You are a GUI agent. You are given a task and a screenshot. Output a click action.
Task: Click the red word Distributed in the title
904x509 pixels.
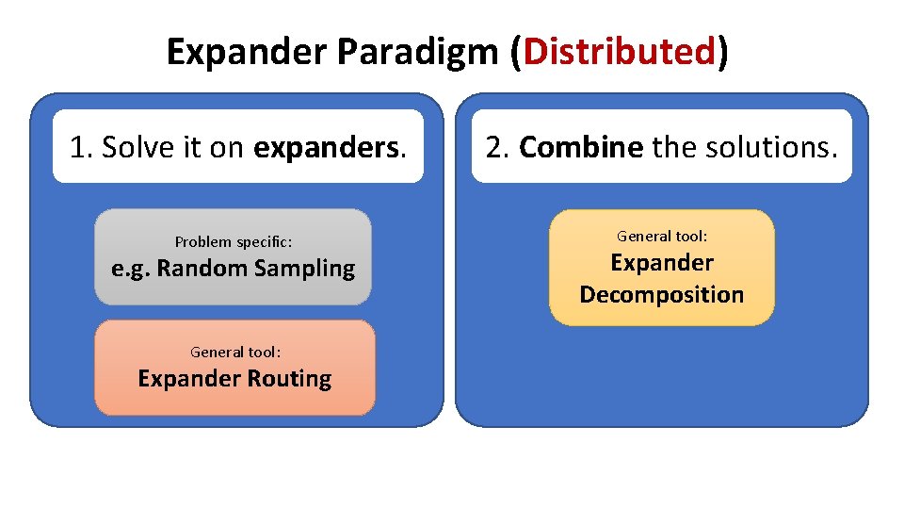[621, 53]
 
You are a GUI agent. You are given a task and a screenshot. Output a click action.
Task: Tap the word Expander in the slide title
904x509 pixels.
[246, 53]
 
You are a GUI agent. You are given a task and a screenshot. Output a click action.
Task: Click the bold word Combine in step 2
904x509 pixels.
[581, 147]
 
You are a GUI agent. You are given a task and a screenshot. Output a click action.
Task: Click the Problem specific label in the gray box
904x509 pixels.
[233, 242]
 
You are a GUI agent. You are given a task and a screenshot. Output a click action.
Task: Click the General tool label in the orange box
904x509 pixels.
[234, 352]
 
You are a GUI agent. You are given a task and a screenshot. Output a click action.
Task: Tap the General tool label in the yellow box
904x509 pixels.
[662, 236]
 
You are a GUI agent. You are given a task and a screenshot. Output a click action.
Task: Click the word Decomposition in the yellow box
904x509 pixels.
[662, 295]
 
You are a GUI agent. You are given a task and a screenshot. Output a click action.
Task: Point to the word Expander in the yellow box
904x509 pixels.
[662, 263]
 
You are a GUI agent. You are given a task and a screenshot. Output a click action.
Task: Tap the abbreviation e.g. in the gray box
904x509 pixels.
[130, 270]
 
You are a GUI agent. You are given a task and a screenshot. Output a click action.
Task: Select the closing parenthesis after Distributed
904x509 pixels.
[722, 53]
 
